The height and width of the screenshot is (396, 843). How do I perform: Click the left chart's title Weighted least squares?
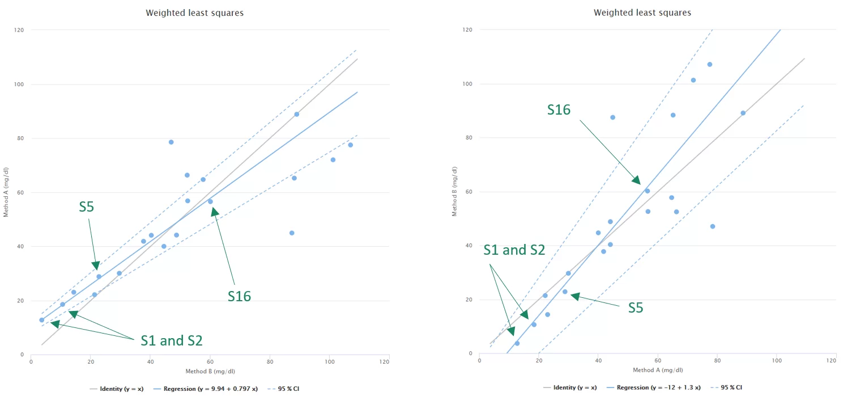(x=194, y=12)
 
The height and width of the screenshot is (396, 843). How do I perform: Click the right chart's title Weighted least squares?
(x=642, y=12)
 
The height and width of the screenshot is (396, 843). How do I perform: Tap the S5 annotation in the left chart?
(x=86, y=207)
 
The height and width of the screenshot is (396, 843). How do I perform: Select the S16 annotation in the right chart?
(x=559, y=110)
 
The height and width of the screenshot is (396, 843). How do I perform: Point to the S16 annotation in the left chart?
(x=239, y=296)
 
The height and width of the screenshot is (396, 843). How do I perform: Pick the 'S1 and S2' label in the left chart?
(x=171, y=340)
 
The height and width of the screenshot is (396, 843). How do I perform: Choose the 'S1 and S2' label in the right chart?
(x=514, y=250)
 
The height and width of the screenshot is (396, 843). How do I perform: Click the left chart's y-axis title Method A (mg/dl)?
(x=6, y=192)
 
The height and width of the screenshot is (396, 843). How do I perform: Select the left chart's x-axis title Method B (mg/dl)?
(x=210, y=370)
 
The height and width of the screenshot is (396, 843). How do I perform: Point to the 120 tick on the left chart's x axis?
(x=389, y=361)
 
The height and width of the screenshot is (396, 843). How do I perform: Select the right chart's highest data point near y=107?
(x=709, y=64)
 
